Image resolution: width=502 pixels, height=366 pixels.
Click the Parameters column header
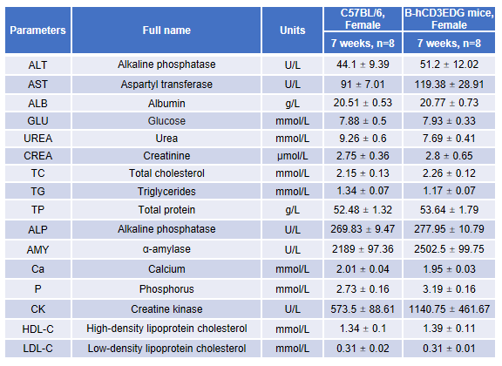[37, 30]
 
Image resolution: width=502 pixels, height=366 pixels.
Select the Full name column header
[166, 30]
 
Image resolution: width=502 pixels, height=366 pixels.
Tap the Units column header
[292, 30]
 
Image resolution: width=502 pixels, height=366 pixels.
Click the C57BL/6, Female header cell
[363, 19]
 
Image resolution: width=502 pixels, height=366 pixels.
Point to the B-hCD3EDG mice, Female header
[449, 19]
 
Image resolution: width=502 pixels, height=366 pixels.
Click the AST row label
[37, 85]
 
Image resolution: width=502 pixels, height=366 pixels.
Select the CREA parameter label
[37, 156]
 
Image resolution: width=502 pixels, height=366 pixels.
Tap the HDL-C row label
[37, 329]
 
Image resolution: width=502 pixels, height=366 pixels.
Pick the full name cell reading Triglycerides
[166, 192]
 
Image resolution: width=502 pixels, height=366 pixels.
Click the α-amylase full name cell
[166, 249]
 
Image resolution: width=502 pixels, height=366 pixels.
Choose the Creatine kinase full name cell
[166, 309]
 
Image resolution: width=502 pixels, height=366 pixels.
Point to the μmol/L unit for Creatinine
[292, 156]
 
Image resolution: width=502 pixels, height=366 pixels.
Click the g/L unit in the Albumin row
[292, 104]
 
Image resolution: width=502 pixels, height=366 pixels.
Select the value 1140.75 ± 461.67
[449, 309]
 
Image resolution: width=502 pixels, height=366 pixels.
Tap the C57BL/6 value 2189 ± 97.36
[363, 249]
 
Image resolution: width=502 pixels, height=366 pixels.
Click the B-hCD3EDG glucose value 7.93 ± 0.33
[449, 121]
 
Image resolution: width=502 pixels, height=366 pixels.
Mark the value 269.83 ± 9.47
[363, 229]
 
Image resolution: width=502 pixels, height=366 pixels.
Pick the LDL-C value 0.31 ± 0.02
[363, 349]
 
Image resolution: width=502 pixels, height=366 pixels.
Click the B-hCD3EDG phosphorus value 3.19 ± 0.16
[449, 289]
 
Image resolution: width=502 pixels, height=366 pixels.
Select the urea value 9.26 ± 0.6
[363, 139]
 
